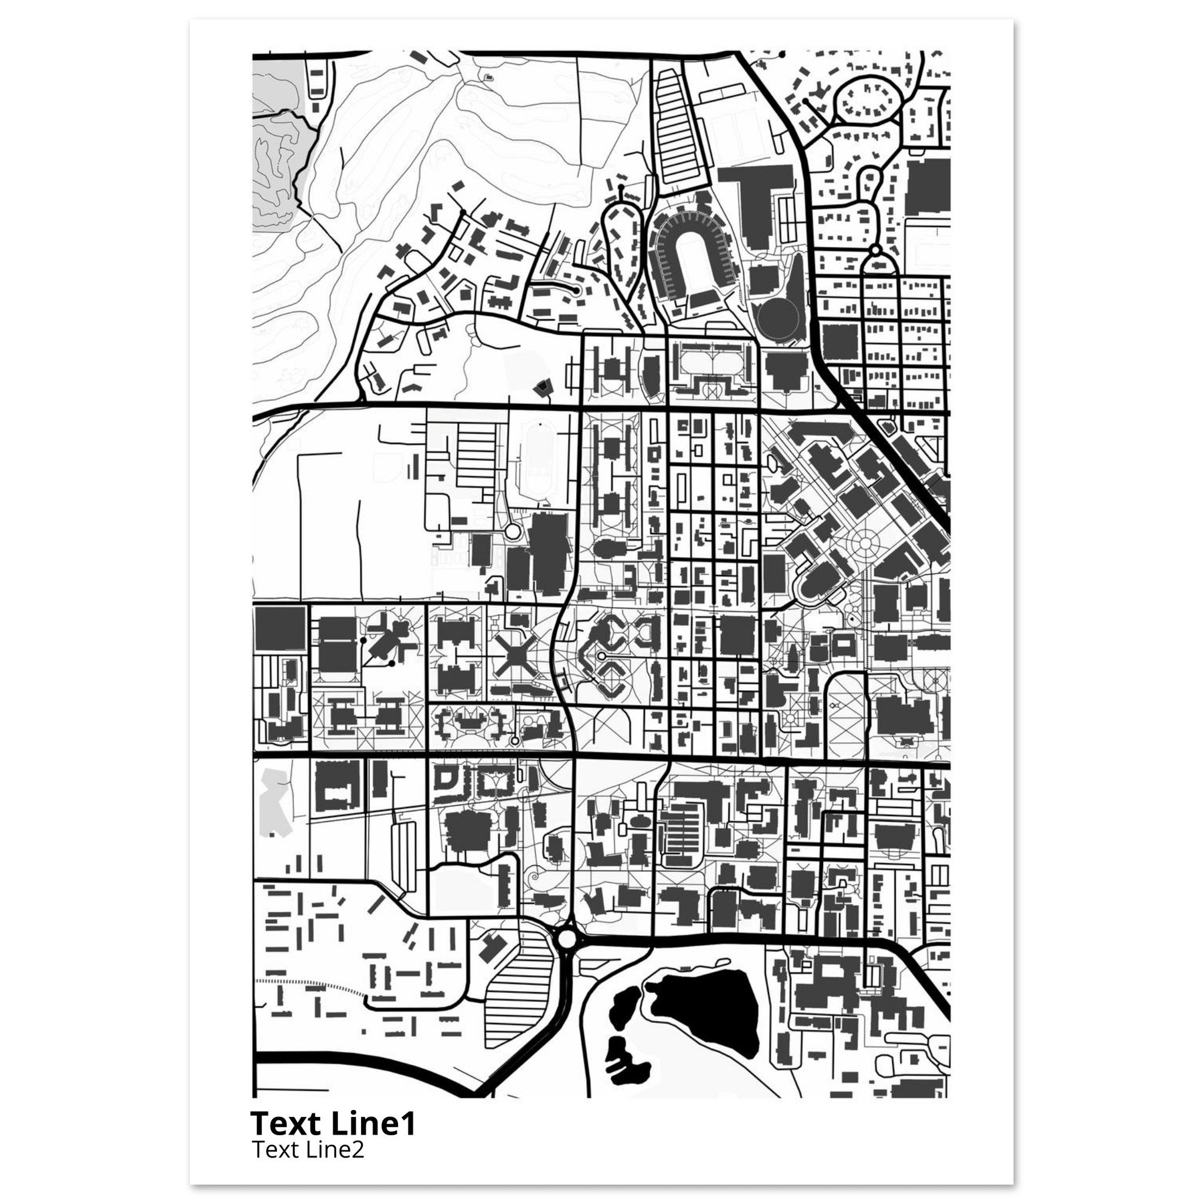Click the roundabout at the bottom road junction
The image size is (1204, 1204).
click(x=568, y=954)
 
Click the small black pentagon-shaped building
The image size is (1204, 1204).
click(x=543, y=387)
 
